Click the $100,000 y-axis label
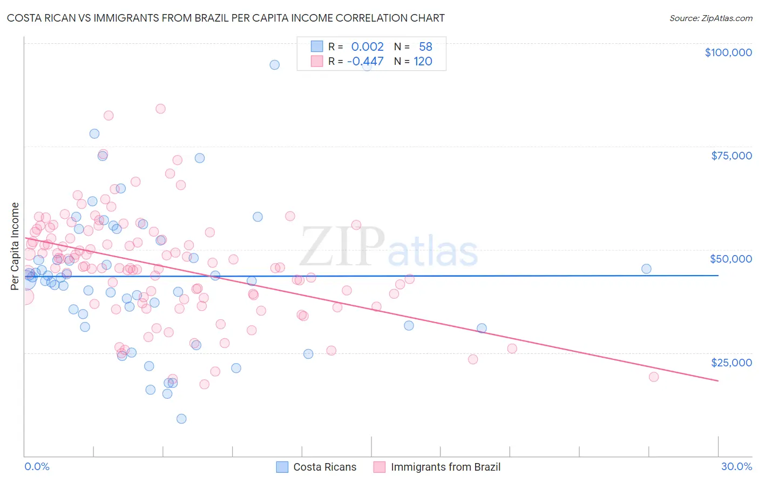coord(728,52)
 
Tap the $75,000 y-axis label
coord(731,156)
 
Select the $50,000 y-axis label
coord(731,259)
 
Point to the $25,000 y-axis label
coord(731,362)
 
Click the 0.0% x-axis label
coord(37,466)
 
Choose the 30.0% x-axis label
coord(736,466)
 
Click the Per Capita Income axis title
coord(15,246)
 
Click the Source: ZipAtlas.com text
coord(710,18)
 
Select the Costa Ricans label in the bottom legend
coord(324,467)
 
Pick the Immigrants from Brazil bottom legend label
coord(445,467)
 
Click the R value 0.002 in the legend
coord(367,47)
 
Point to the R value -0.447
coord(365,61)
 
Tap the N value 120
coord(423,61)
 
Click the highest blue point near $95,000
coord(275,65)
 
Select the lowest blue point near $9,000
coord(181,419)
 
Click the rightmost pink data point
coord(654,377)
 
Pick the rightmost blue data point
coord(646,269)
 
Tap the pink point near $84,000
coord(160,109)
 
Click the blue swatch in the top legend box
coord(317,47)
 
